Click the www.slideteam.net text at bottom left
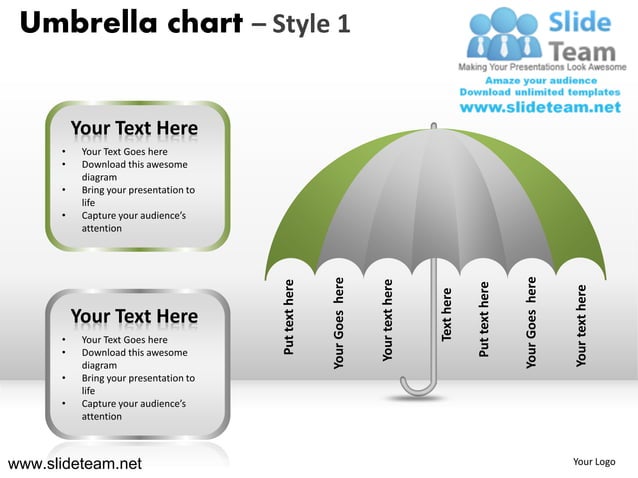[75, 463]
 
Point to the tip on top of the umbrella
[433, 126]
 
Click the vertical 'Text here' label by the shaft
[447, 312]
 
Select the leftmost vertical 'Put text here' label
[289, 317]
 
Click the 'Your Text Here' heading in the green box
[134, 129]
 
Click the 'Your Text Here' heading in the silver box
[134, 317]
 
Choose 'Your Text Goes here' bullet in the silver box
[124, 340]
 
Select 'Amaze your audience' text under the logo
[540, 80]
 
